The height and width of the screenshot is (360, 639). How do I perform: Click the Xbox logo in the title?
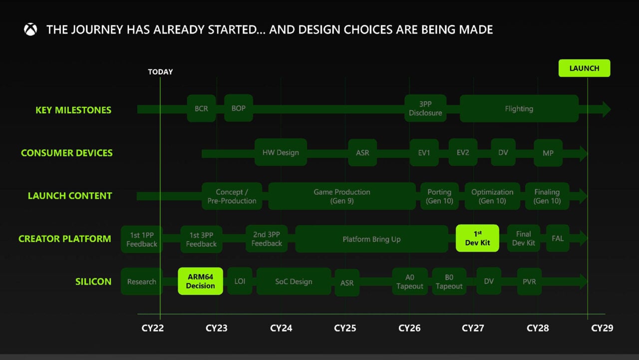click(30, 29)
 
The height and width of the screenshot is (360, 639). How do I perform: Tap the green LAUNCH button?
click(584, 68)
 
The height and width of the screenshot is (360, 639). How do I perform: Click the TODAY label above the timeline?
click(160, 72)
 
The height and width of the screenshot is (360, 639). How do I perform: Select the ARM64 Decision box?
click(201, 281)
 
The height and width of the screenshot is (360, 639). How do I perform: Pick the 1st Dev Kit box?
click(477, 238)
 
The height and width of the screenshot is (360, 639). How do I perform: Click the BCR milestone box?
click(201, 108)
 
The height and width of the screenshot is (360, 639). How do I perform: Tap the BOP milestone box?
click(239, 108)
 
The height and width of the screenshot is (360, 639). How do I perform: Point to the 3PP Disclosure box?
click(425, 108)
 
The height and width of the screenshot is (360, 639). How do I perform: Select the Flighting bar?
click(519, 108)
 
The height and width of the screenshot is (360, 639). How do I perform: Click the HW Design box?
click(281, 152)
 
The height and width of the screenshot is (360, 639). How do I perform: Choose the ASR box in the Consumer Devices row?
click(362, 152)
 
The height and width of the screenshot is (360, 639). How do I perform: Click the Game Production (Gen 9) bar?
click(342, 196)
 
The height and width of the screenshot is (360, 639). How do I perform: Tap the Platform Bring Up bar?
click(371, 239)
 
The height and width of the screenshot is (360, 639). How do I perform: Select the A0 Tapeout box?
click(410, 282)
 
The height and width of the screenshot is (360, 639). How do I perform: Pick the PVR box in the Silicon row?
click(529, 282)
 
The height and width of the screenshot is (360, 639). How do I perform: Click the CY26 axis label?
click(409, 328)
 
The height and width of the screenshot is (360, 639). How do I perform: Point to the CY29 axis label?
click(602, 328)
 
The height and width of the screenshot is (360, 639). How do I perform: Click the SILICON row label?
click(93, 282)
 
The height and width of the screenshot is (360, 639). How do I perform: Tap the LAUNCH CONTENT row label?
click(70, 196)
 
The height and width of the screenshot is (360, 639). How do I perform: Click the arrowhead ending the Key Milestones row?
click(606, 109)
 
